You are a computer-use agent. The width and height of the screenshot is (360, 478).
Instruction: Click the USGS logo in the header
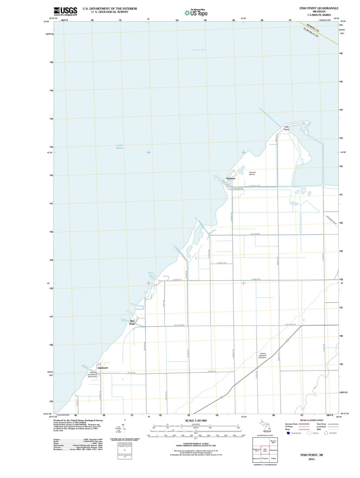(65, 11)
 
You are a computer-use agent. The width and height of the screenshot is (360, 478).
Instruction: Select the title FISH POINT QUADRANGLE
(319, 8)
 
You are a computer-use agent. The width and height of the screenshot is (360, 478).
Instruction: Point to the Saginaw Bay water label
(198, 50)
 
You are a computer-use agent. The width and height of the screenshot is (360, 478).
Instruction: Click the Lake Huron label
(120, 146)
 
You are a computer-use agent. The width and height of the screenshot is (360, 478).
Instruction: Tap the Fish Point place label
(287, 128)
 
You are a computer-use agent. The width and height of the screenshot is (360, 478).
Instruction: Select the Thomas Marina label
(252, 173)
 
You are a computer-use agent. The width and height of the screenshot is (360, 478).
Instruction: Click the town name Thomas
(231, 178)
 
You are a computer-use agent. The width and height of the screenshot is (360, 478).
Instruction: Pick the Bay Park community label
(132, 322)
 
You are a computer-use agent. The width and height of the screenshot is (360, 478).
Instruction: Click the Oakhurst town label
(102, 368)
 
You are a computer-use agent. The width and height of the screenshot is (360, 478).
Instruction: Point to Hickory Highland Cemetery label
(263, 356)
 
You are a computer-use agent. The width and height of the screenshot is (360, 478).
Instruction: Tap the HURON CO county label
(313, 27)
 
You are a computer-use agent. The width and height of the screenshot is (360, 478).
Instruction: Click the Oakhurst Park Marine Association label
(93, 375)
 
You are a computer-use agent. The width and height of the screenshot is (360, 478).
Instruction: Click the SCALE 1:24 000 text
(196, 421)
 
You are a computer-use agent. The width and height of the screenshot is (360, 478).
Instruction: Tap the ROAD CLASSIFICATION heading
(312, 420)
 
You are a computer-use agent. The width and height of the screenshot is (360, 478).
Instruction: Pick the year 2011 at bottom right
(312, 459)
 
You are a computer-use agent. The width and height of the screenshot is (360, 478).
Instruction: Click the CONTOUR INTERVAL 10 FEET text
(196, 444)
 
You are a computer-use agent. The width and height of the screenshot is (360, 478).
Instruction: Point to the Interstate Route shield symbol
(288, 433)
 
